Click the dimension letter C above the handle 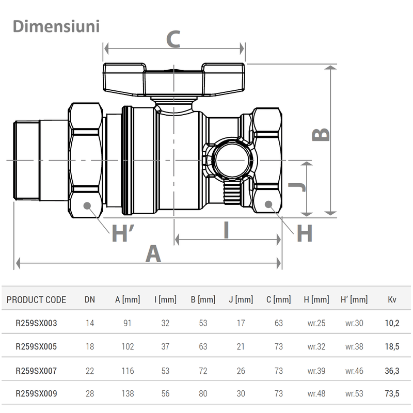point(172,40)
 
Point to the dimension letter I point(226,230)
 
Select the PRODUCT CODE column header point(36,299)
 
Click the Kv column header point(392,299)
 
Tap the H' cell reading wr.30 point(354,324)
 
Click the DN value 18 point(90,347)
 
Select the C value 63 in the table point(278,324)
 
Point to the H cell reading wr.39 point(316,371)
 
